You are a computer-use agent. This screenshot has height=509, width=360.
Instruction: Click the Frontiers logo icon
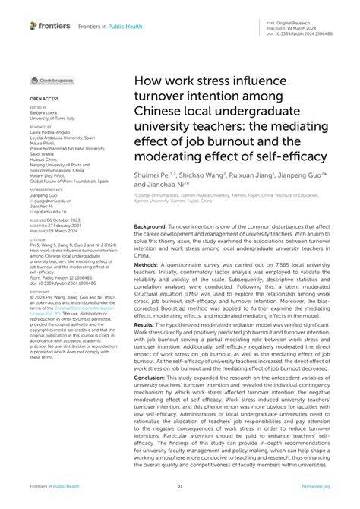point(34,25)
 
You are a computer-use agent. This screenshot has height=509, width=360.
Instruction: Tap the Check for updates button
point(53,80)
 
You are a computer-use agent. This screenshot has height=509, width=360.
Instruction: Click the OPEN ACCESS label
point(43,99)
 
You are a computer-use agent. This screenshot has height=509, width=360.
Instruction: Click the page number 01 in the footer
point(180,487)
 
